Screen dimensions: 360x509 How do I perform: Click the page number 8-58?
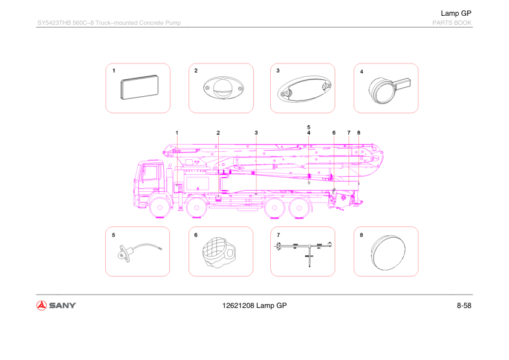point(464,305)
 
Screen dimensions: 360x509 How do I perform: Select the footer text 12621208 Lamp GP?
point(254,305)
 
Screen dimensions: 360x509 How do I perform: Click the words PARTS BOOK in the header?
point(451,23)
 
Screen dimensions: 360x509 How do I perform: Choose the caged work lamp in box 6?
point(219,252)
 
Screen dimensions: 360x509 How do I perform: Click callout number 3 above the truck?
point(256,132)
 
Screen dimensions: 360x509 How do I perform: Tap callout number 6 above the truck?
point(334,132)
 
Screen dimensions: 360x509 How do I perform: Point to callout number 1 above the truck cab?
point(177,132)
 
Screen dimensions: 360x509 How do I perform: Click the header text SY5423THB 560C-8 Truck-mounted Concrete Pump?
point(109,23)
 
